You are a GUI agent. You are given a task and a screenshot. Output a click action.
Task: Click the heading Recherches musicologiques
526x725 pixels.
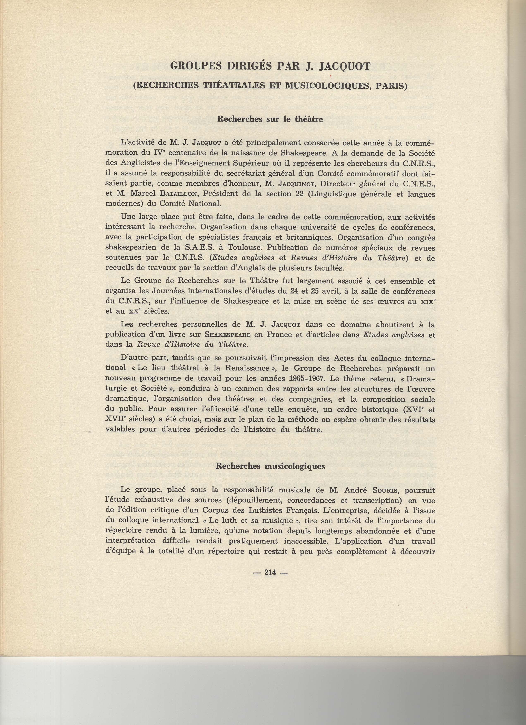[270, 466]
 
